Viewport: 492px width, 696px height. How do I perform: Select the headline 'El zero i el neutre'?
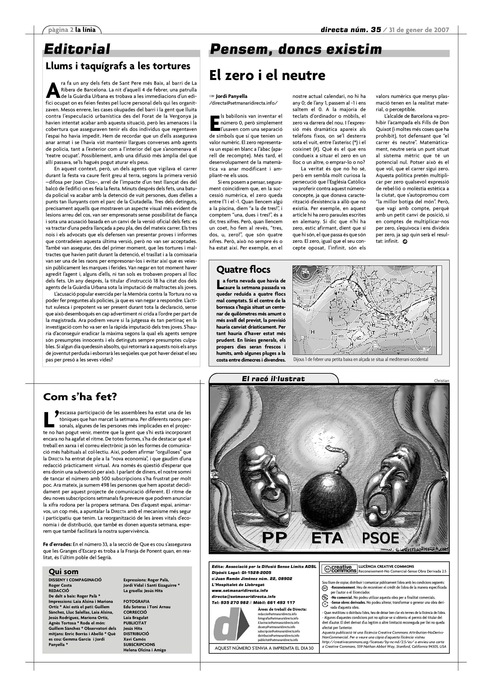point(267,75)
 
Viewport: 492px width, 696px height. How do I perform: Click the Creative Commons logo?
point(339,569)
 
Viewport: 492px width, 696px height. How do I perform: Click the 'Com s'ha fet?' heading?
point(80,397)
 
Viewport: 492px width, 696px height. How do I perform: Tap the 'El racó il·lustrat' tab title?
point(273,379)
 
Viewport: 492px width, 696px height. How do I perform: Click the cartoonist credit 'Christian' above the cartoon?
point(441,381)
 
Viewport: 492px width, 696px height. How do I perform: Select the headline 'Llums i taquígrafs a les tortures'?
point(118,66)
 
